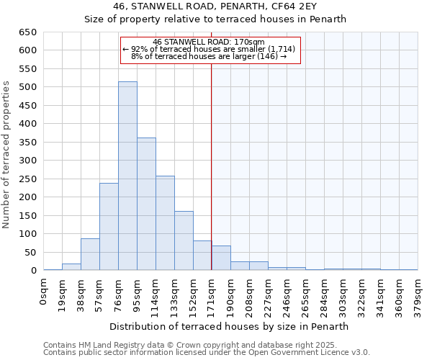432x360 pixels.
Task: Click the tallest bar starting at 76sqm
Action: (x=127, y=176)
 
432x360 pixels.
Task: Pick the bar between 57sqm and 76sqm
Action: (x=109, y=227)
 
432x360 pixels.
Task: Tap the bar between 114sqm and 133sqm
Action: (x=165, y=223)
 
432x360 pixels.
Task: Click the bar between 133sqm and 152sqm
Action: (x=184, y=240)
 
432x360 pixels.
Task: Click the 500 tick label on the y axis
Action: (x=27, y=87)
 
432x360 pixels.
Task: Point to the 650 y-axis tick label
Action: (x=27, y=32)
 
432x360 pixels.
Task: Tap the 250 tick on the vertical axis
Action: (x=27, y=197)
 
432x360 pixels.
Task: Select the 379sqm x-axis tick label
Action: (x=418, y=293)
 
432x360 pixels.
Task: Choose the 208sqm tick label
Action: (x=250, y=293)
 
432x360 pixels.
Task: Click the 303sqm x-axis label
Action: (x=343, y=293)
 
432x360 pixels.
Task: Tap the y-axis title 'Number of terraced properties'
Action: (x=6, y=155)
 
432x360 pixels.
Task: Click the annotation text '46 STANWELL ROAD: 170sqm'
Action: (x=209, y=42)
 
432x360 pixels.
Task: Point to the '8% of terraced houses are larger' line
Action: (x=209, y=56)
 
